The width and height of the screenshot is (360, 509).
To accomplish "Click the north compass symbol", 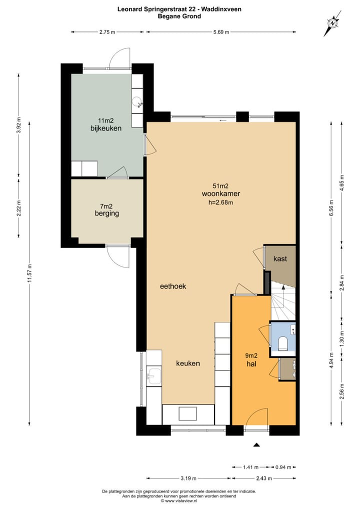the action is tap(332, 23).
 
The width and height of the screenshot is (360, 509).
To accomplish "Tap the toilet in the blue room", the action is tap(282, 343).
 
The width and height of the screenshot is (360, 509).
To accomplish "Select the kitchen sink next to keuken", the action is tap(154, 376).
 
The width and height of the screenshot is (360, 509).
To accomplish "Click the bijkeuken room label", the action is tap(106, 128).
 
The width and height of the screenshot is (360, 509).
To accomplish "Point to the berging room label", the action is tap(107, 213).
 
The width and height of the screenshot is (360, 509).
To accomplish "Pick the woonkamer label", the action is tap(220, 194).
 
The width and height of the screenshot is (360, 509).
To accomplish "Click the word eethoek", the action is tap(173, 286).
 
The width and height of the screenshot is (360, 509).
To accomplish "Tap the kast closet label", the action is tap(280, 258).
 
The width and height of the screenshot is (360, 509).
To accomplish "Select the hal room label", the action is tap(251, 364).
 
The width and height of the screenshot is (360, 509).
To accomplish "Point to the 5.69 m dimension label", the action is tap(221, 32).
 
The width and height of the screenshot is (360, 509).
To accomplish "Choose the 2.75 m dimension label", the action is tap(107, 32).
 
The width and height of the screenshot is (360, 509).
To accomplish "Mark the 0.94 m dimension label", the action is tap(283, 467).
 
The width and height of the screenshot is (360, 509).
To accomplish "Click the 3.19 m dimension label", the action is tap(188, 478).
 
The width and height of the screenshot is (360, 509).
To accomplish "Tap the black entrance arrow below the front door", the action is tap(257, 445).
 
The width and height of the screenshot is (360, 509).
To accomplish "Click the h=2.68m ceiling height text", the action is tap(220, 202).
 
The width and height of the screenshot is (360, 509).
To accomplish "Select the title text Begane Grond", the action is tap(179, 16).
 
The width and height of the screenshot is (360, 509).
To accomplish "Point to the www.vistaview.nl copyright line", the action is tap(179, 501).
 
